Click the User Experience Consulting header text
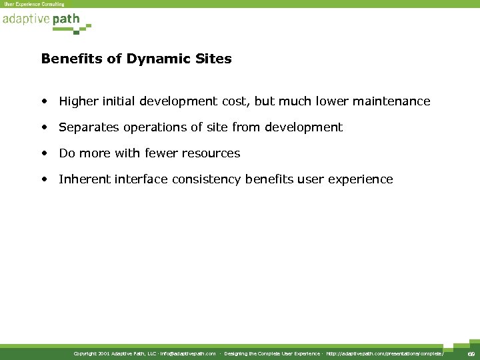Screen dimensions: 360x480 [35, 4]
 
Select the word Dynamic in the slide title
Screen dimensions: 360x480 [151, 59]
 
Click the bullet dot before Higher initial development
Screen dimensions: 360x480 [43, 101]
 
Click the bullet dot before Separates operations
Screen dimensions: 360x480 [43, 127]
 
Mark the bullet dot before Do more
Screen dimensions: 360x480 [43, 153]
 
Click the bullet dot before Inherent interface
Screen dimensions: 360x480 [43, 179]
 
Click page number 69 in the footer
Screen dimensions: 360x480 [469, 353]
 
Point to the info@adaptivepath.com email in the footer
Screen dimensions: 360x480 [187, 353]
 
